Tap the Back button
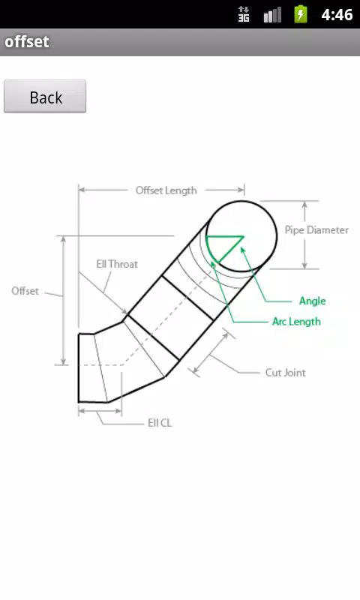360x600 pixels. tap(45, 97)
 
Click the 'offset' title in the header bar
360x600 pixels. tap(27, 42)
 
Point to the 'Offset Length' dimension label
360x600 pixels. tap(166, 190)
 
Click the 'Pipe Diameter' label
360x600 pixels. tap(316, 230)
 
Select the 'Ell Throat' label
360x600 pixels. tap(117, 264)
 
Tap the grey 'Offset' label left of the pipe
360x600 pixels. tap(25, 291)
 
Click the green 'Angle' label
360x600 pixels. tap(313, 301)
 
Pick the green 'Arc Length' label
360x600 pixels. tap(296, 322)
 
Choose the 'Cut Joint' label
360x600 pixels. tap(286, 373)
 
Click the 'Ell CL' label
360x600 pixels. tap(160, 423)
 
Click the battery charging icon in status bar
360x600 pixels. tap(301, 14)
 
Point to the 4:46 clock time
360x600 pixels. tap(337, 14)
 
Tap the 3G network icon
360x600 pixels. tap(244, 14)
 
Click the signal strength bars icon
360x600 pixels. tap(272, 15)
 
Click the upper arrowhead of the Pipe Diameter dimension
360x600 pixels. tap(304, 205)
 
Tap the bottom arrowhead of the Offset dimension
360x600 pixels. tap(64, 361)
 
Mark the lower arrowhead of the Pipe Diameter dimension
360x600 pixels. tap(304, 265)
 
